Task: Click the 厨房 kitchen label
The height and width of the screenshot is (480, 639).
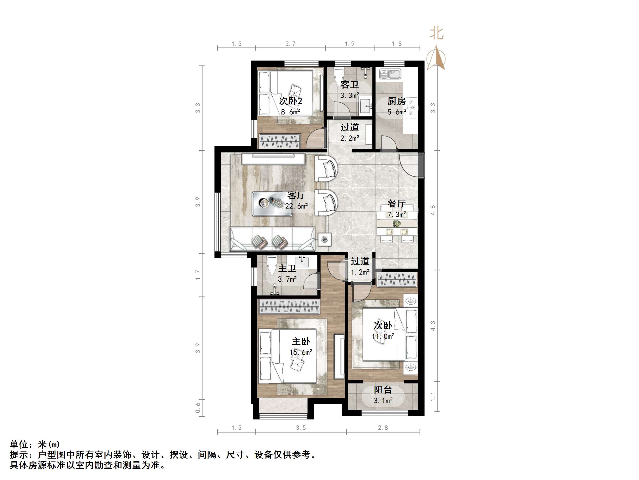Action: pyautogui.click(x=396, y=101)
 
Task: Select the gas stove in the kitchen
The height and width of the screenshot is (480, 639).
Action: pyautogui.click(x=412, y=108)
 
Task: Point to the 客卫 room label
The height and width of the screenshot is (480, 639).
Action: pyautogui.click(x=349, y=85)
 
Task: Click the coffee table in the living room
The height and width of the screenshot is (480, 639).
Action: pyautogui.click(x=272, y=204)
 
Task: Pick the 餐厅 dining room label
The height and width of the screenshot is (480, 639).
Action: pyautogui.click(x=396, y=203)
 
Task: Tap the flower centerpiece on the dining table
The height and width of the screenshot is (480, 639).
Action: pyautogui.click(x=397, y=223)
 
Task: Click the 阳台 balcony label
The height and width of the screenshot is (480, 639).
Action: pyautogui.click(x=383, y=390)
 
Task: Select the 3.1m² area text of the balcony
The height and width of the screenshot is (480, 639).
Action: pyautogui.click(x=383, y=401)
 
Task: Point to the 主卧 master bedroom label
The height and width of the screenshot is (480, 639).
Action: pyautogui.click(x=301, y=341)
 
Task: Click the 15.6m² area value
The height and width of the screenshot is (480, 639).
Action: pyautogui.click(x=301, y=352)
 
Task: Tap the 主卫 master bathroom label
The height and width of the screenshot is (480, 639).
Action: pyautogui.click(x=287, y=268)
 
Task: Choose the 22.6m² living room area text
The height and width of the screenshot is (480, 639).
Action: pyautogui.click(x=296, y=206)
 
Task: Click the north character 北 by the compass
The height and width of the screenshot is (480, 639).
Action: pyautogui.click(x=436, y=33)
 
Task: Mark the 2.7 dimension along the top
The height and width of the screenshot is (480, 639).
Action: pyautogui.click(x=290, y=44)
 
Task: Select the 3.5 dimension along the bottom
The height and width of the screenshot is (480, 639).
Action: pyautogui.click(x=301, y=428)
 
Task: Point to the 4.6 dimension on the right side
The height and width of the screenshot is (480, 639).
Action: pyautogui.click(x=433, y=210)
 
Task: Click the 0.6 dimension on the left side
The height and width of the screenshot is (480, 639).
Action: pyautogui.click(x=198, y=408)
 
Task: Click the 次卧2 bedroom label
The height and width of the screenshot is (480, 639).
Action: pyautogui.click(x=290, y=101)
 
